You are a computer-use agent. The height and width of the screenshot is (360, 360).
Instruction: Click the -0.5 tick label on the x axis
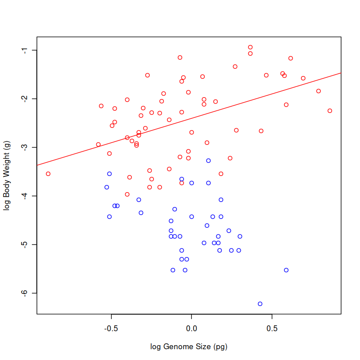click(x=111, y=328)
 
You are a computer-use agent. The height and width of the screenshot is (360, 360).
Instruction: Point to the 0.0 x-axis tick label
click(x=192, y=328)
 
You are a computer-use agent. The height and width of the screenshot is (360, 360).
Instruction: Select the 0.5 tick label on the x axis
click(x=272, y=328)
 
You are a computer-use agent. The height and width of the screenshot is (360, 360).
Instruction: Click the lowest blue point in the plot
click(x=260, y=304)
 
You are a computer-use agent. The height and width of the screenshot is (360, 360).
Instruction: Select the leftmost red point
click(x=48, y=174)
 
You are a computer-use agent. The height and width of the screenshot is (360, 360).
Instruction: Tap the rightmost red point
click(x=330, y=111)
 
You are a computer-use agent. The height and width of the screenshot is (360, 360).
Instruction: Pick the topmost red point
click(x=250, y=47)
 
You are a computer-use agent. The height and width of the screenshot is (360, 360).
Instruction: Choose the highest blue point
click(x=208, y=161)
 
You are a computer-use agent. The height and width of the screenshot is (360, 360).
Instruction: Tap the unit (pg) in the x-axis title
click(x=222, y=347)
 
